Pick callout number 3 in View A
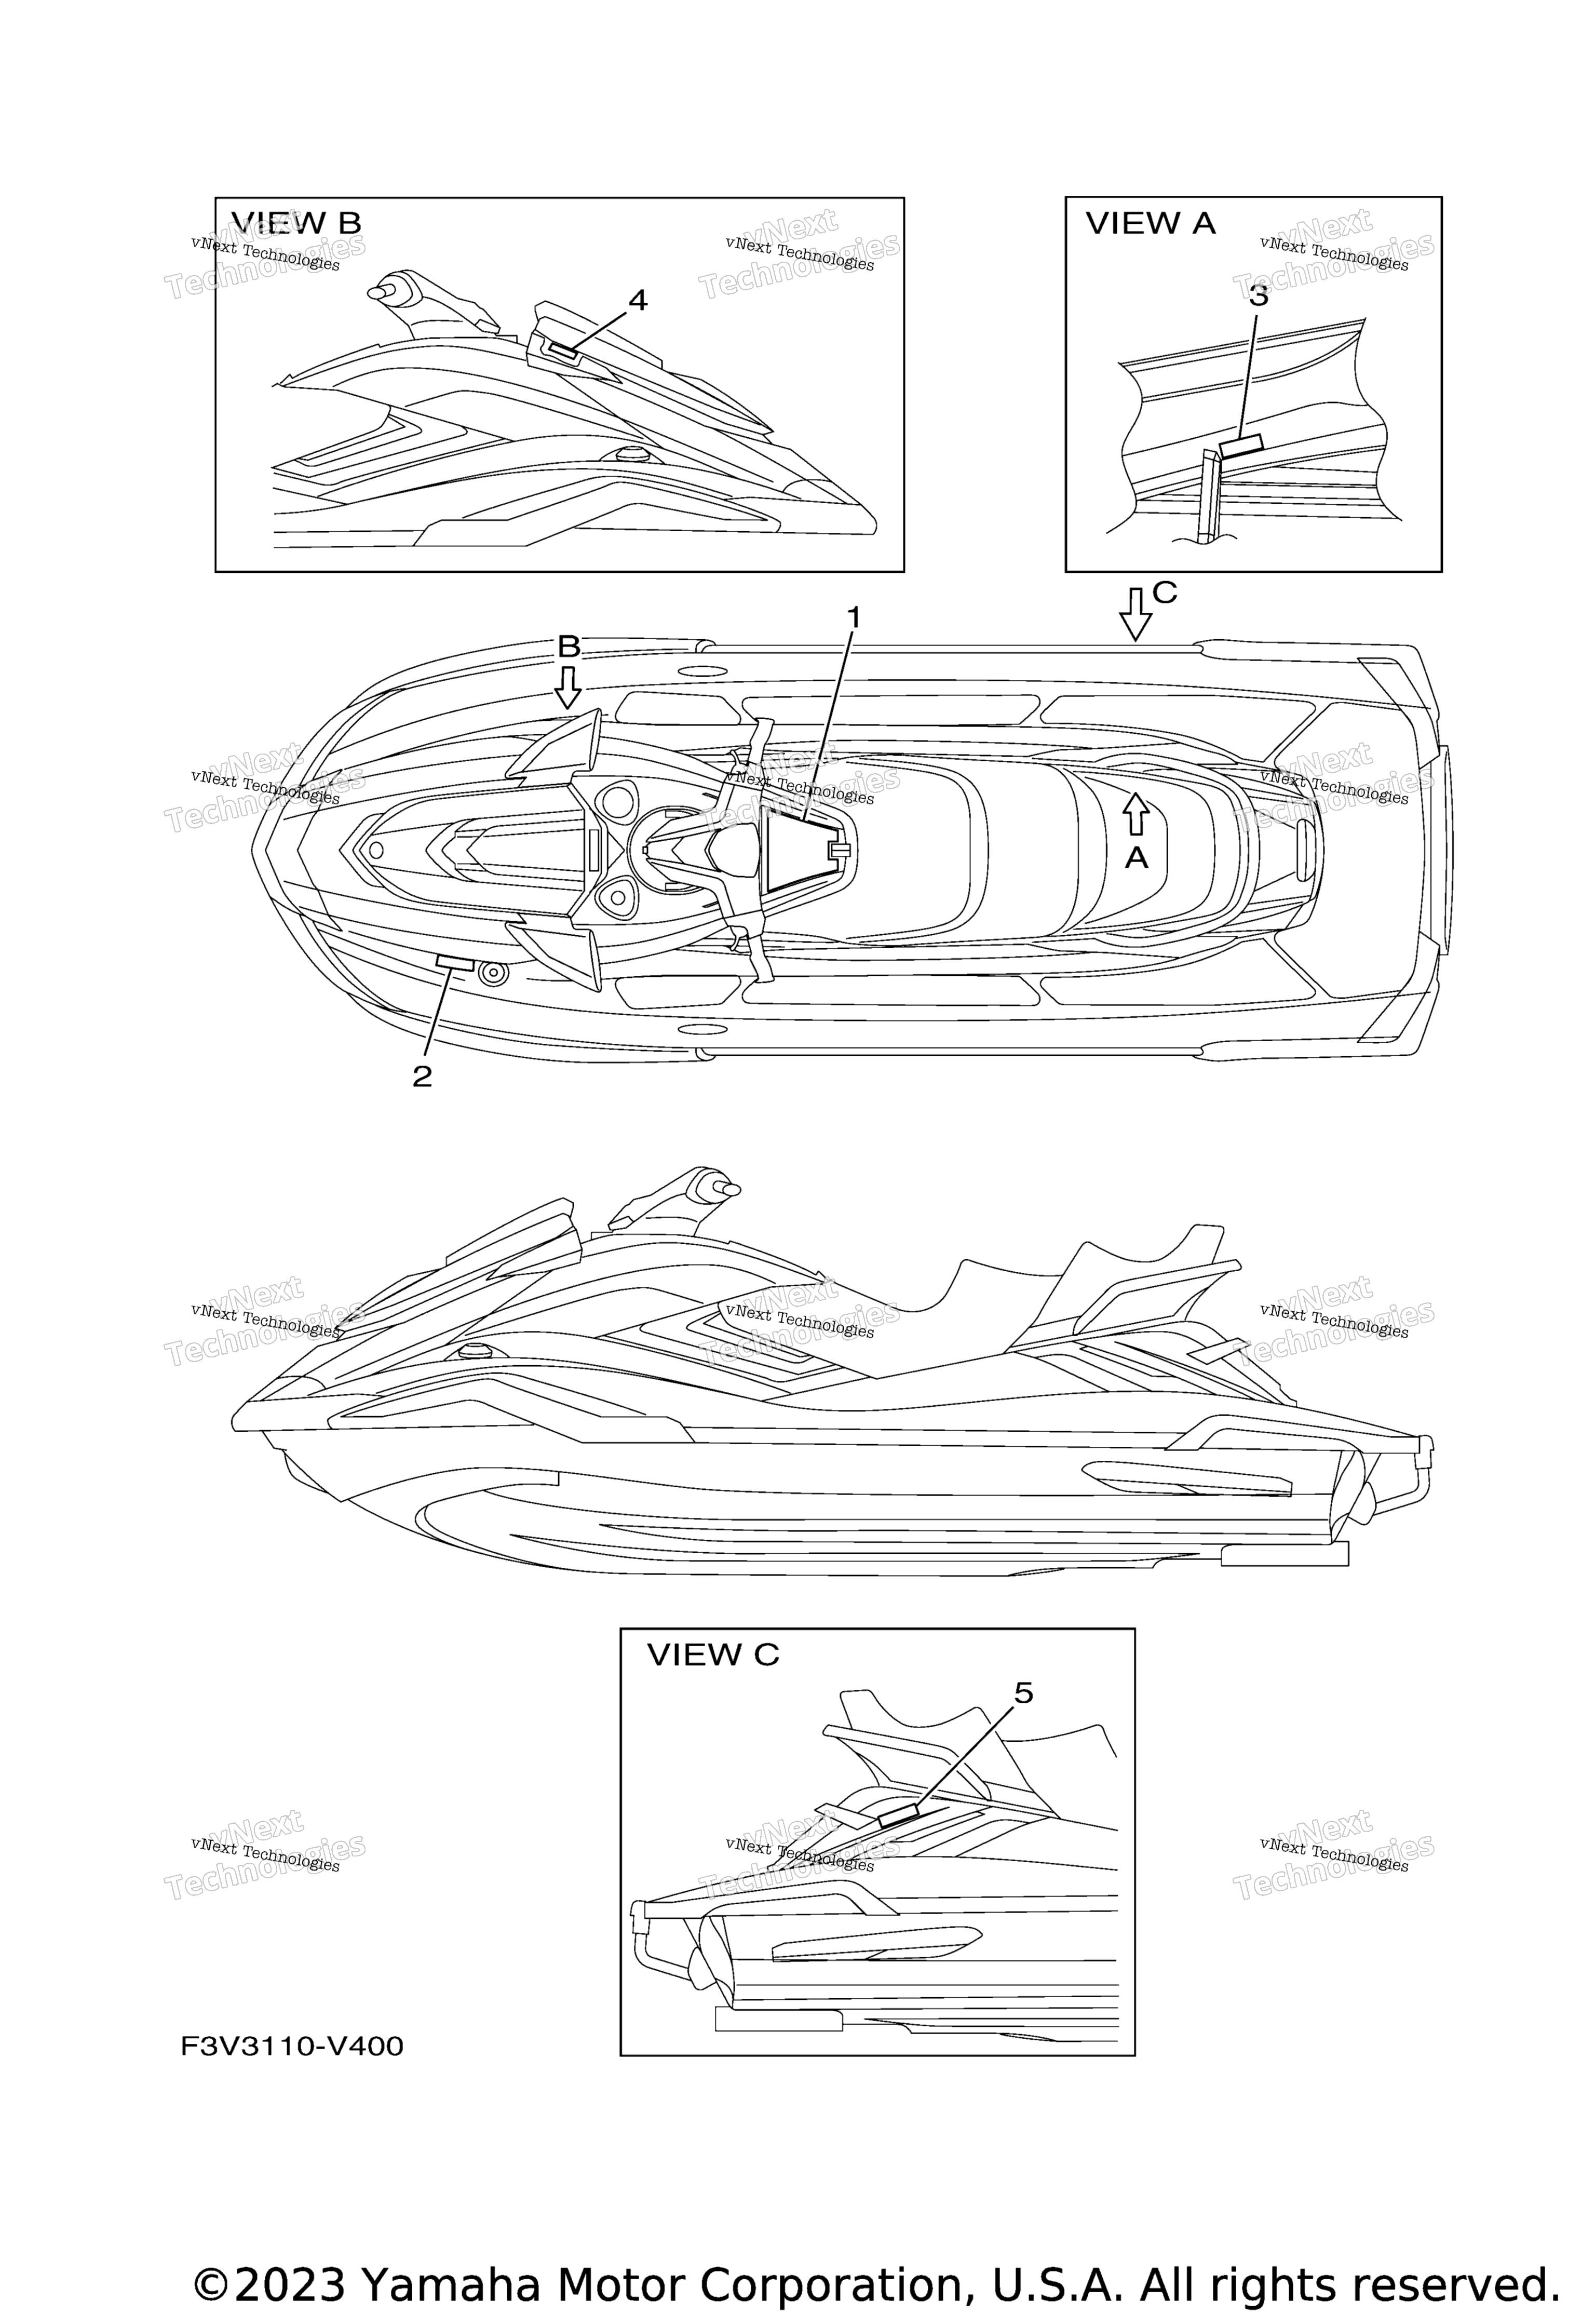[x=1258, y=296]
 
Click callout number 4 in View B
[x=637, y=300]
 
